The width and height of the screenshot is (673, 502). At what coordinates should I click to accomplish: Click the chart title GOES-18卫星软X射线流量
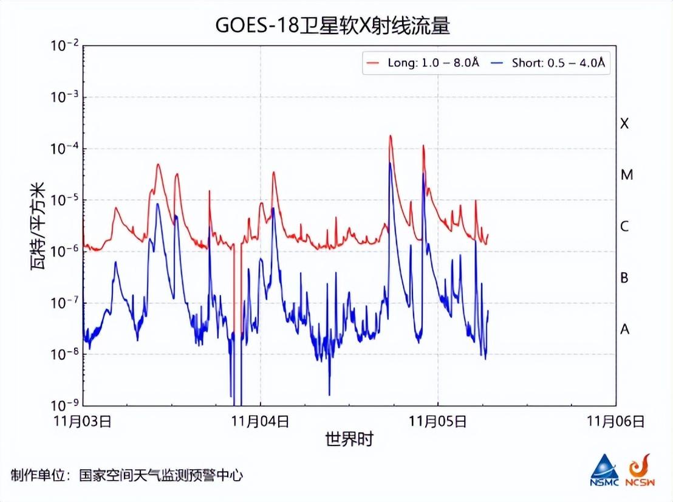click(336, 26)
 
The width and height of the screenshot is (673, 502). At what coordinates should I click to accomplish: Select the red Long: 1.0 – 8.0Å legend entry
click(423, 63)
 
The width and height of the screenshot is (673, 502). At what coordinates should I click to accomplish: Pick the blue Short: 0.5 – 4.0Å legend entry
click(549, 63)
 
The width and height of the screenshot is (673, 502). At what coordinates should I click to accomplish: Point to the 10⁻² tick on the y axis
click(64, 46)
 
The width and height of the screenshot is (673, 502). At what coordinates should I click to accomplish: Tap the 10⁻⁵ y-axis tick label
click(64, 201)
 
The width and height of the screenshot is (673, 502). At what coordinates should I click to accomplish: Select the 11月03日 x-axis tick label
click(83, 421)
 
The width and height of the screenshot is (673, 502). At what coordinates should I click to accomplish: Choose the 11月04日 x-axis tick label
click(261, 421)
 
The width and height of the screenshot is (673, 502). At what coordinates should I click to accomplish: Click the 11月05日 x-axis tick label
click(438, 421)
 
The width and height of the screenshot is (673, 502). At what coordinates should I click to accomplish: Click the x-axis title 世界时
click(349, 439)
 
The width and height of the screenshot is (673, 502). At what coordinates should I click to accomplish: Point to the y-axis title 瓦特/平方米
click(38, 226)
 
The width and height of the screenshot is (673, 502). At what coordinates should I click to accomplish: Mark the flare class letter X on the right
click(624, 123)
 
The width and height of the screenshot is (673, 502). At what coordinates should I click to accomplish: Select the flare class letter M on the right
click(626, 175)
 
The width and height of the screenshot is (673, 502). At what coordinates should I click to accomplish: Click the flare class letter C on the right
click(624, 227)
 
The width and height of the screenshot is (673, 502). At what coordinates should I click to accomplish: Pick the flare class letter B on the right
click(624, 278)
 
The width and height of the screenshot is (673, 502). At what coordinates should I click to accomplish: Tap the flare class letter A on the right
click(624, 329)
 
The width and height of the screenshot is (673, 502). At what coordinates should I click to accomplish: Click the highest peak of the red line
click(391, 136)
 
